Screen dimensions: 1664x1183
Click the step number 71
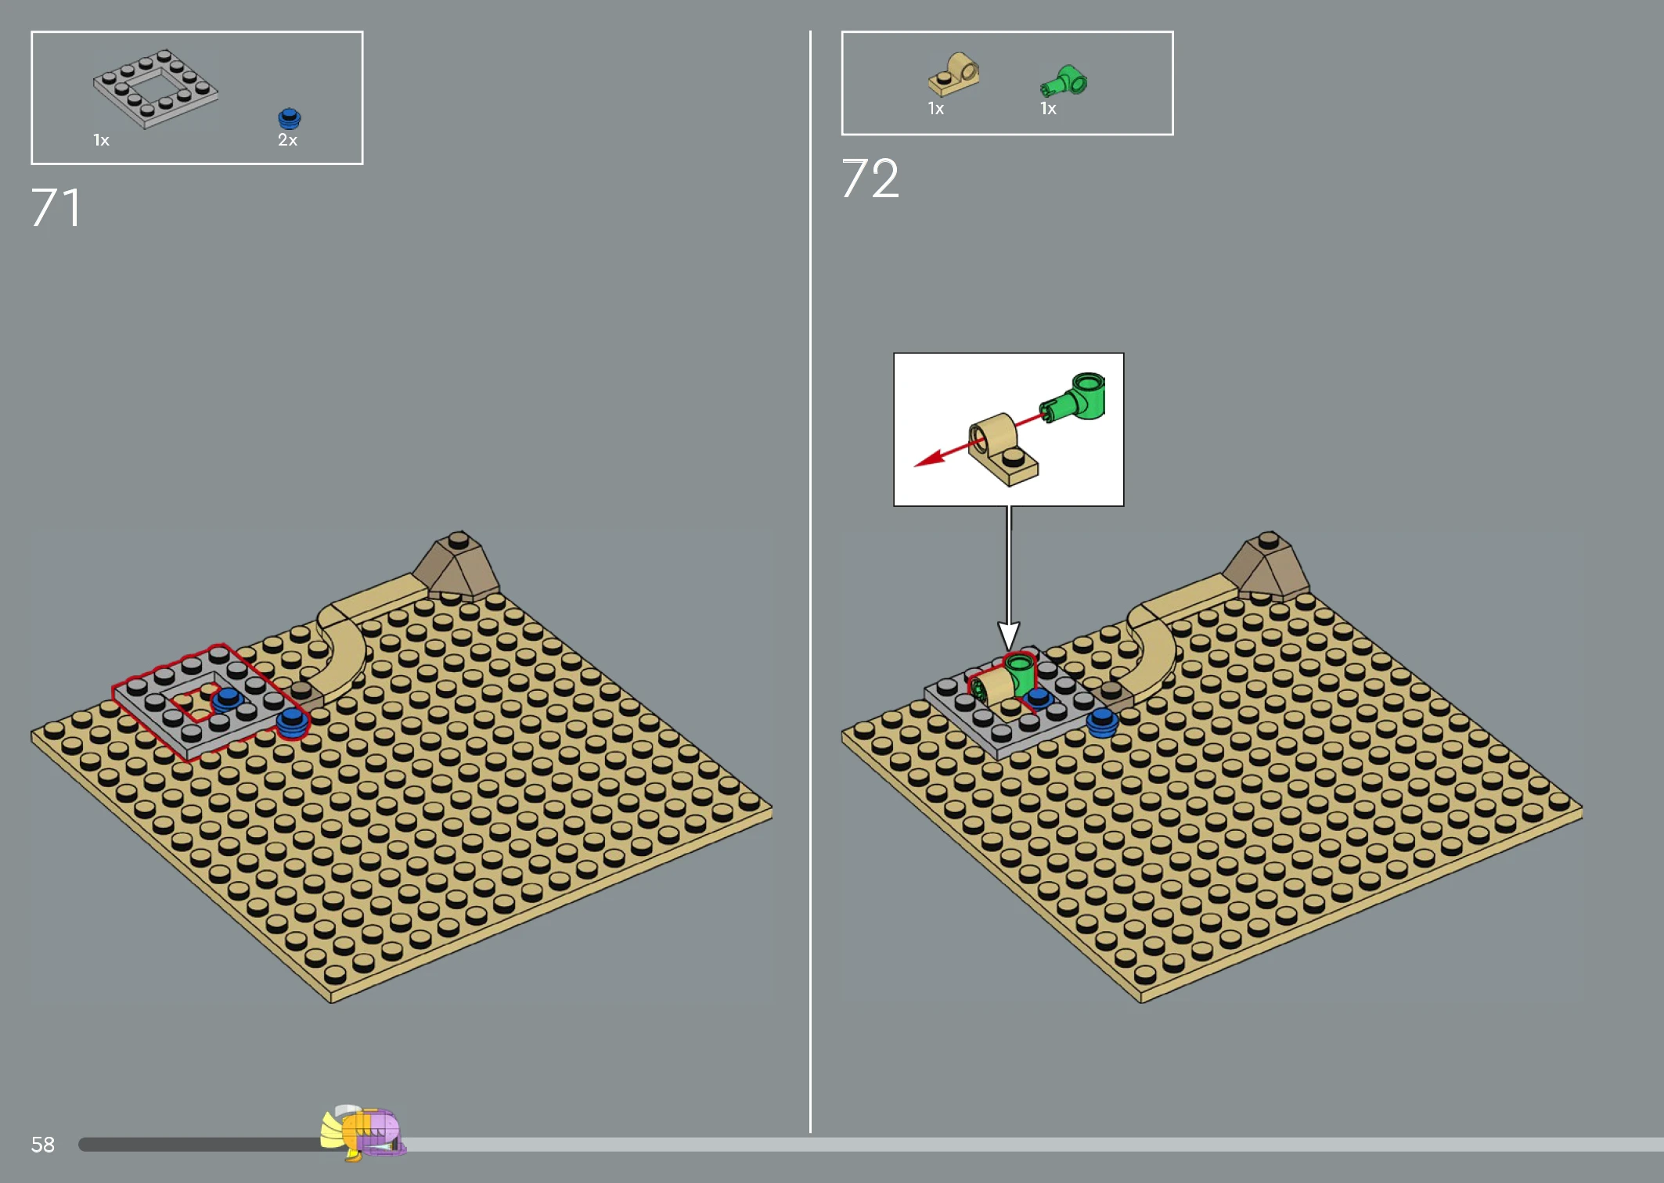coord(56,208)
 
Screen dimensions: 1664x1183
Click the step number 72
coord(870,178)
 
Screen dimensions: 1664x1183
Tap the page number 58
coord(42,1145)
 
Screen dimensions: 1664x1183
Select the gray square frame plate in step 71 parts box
coord(156,88)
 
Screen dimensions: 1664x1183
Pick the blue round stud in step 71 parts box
coord(290,118)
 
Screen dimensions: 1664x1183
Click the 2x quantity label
coord(287,140)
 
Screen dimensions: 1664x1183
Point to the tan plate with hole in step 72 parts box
coord(954,74)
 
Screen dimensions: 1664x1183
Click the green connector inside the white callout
coord(1075,397)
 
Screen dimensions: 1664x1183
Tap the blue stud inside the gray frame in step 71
coord(228,698)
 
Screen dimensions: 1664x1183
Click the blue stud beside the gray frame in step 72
coord(1102,722)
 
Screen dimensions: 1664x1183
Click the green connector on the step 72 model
coord(1020,674)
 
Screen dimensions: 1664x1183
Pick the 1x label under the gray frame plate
coord(101,140)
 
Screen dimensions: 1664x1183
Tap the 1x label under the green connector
coord(1048,109)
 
